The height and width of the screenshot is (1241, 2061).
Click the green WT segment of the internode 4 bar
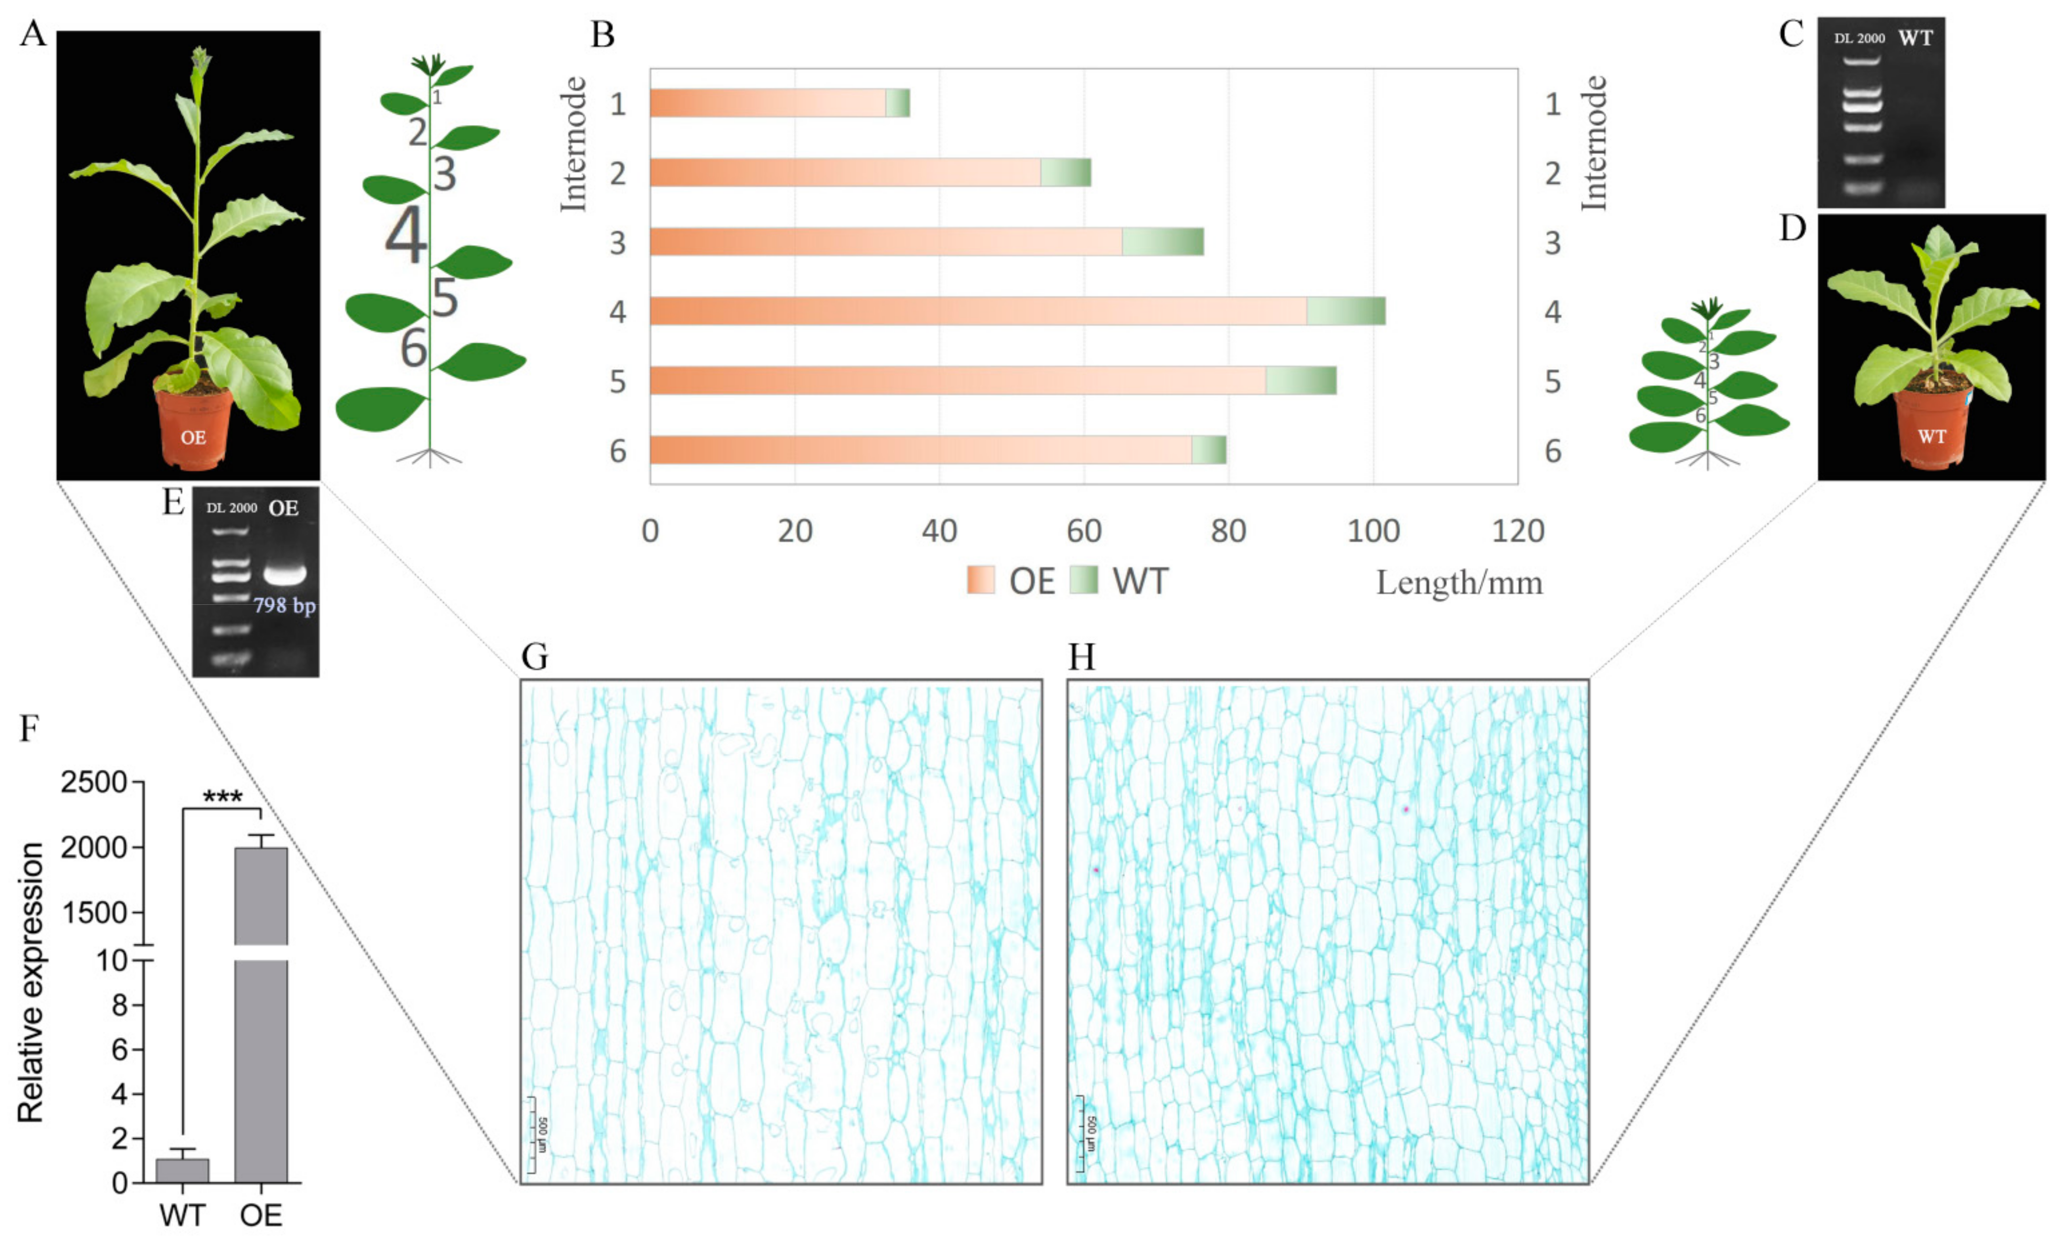(1346, 311)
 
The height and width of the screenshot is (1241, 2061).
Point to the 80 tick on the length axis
(1228, 531)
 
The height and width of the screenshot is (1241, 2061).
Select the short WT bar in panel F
(182, 1170)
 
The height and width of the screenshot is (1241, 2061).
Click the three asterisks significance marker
(222, 797)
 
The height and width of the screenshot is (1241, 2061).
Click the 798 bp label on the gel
(284, 605)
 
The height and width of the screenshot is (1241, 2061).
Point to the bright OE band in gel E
(284, 574)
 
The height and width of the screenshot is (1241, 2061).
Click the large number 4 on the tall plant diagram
(406, 236)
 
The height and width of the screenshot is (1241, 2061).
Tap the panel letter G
(535, 657)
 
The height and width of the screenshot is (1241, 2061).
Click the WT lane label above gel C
(1916, 38)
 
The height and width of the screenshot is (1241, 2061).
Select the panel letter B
(602, 35)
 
